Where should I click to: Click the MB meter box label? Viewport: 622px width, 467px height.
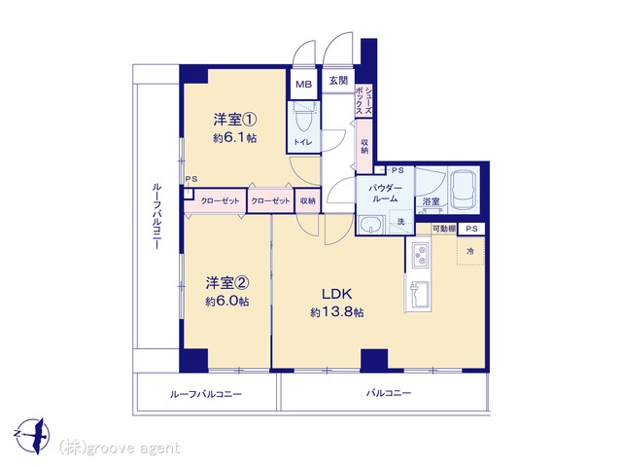point(304,85)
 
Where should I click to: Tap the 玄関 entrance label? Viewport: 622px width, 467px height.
point(338,80)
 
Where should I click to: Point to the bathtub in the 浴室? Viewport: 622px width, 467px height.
point(464,191)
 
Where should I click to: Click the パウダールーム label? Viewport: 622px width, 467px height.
point(385,194)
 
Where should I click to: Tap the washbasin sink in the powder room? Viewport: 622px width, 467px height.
point(371,226)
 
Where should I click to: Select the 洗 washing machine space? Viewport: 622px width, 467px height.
point(401,222)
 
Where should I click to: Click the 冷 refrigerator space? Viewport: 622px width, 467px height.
point(470,251)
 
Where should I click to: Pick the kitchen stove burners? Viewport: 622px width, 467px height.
point(420,255)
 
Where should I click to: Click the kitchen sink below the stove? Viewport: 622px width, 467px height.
point(419,294)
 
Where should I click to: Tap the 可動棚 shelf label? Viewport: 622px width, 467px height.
point(443,229)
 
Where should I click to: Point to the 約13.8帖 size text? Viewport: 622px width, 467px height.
point(337,312)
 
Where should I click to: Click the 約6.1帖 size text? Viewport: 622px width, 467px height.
point(234,138)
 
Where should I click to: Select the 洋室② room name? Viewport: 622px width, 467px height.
point(226,283)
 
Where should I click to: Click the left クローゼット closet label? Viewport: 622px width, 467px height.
point(220,201)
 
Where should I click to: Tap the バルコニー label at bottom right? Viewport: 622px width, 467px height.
point(389,393)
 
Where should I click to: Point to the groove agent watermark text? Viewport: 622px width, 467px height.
point(120,449)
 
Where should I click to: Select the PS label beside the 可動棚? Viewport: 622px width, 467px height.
point(471,229)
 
